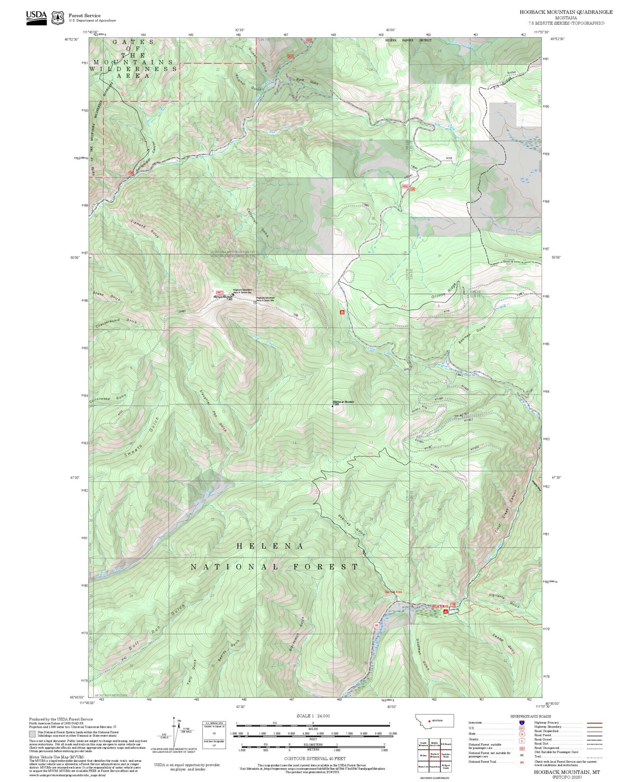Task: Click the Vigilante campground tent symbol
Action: coord(445,612)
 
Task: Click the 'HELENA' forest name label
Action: coord(270,546)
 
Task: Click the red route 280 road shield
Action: coord(376,626)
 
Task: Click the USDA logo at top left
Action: coord(36,17)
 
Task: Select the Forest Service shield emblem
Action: coord(58,17)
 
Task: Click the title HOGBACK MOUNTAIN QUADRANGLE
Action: coord(565,12)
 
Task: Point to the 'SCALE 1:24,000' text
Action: coord(313,716)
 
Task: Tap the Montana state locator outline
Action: coord(434,721)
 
